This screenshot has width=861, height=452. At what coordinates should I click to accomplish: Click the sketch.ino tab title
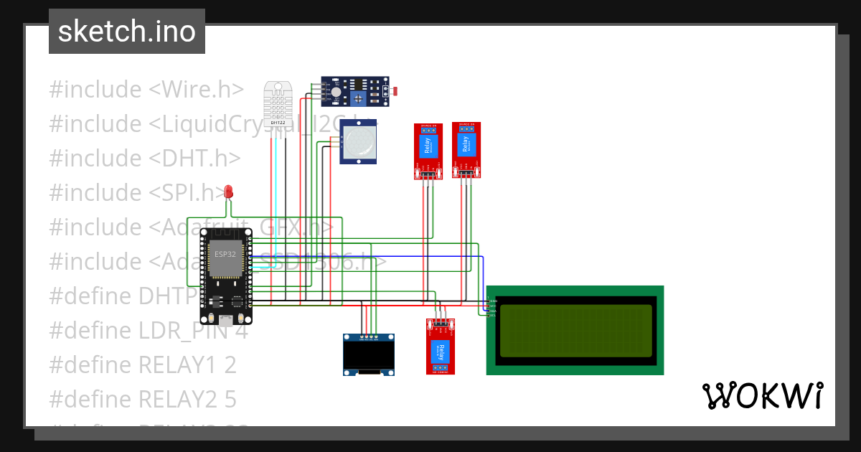click(127, 32)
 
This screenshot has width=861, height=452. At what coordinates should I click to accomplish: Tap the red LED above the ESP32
click(229, 192)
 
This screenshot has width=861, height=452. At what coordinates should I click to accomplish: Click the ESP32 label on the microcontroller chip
click(225, 255)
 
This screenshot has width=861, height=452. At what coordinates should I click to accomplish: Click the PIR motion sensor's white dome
click(358, 141)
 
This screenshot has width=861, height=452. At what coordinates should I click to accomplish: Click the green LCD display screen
click(576, 330)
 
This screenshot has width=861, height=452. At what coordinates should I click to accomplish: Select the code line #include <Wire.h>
click(146, 90)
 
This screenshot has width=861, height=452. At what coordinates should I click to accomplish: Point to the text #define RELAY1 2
click(143, 365)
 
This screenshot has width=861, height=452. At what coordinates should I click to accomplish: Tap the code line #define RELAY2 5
click(143, 399)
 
